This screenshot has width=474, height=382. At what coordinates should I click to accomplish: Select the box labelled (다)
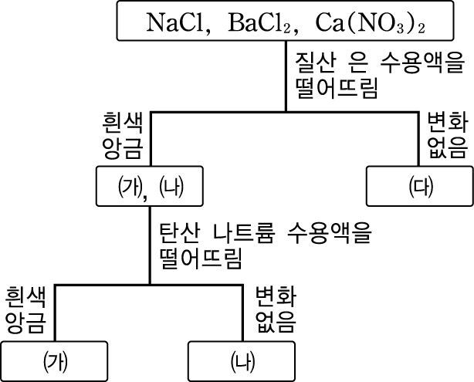coord(419,187)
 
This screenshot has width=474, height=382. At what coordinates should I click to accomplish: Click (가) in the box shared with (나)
coord(127,187)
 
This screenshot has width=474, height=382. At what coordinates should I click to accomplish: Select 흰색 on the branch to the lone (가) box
coord(27,297)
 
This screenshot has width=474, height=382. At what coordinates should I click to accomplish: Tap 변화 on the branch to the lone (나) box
coord(276,297)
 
